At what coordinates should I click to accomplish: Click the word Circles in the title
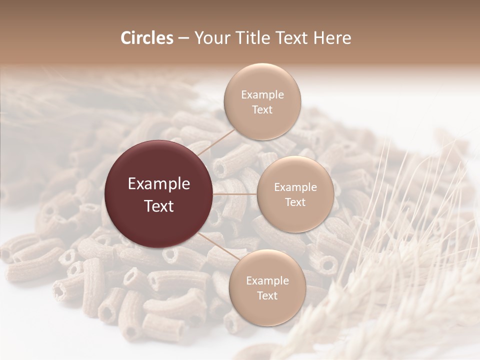pos(147,38)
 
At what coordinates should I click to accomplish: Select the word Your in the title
pos(212,38)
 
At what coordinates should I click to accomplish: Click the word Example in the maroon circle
pos(159,184)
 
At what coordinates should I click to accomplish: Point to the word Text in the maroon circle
pos(159,206)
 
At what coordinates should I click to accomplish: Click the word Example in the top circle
pos(262,95)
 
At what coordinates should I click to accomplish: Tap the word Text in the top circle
pos(262,109)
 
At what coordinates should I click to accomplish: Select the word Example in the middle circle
pos(295,187)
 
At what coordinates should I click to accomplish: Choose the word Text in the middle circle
pos(295,202)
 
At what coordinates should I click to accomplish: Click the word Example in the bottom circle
pos(267,281)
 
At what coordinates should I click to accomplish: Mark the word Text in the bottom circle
pos(267,295)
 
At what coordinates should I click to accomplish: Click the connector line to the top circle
pos(215,142)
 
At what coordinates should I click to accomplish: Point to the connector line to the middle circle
pos(235,194)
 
